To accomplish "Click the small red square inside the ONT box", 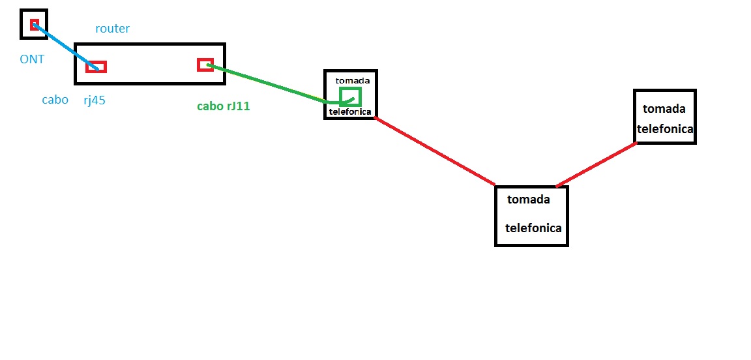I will point(34,25).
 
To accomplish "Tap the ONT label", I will point(32,59).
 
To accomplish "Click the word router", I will point(112,29).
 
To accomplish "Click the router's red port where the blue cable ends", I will point(96,67).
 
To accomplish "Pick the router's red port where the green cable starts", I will point(205,65).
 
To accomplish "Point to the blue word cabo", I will point(55,100).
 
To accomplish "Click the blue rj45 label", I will point(95,100).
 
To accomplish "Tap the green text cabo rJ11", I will point(223,106).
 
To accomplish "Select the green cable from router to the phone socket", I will point(274,83).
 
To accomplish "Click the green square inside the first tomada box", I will point(350,97).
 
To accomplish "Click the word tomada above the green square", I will point(353,80).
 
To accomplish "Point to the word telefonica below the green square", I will point(350,112).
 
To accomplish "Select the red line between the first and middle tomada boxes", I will point(435,151).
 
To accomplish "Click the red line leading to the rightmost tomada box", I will point(596,164).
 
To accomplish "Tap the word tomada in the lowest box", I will point(529,200).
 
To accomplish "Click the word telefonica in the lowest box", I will point(533,228).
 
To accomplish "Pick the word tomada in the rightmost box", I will point(664,109).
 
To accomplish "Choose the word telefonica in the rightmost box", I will point(665,129).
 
